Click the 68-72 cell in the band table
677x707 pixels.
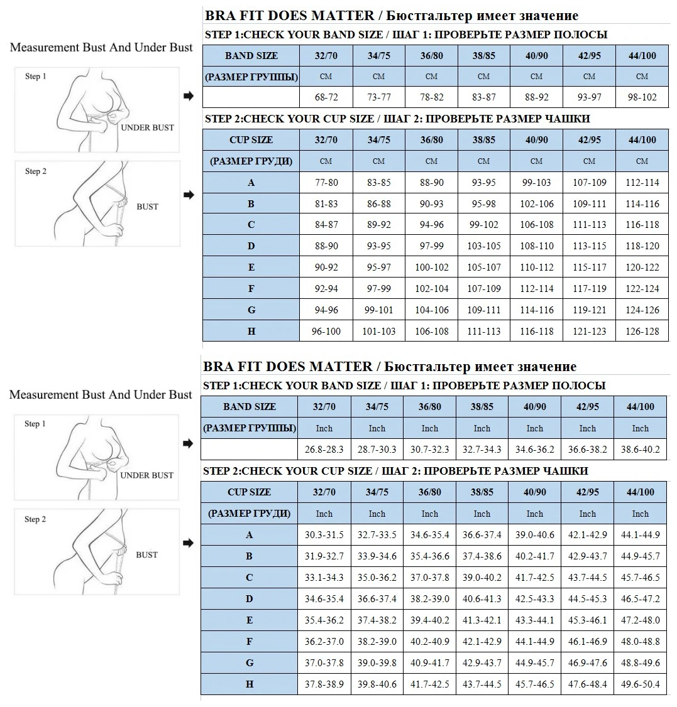click(x=326, y=97)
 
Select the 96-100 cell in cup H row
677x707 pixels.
click(x=326, y=331)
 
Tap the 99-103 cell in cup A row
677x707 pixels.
click(x=536, y=183)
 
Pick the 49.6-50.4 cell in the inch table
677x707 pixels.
click(x=640, y=684)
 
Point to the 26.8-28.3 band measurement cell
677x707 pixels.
click(x=324, y=450)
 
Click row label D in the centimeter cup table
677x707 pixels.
click(x=251, y=246)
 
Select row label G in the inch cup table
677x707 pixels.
click(x=249, y=663)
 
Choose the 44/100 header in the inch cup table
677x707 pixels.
click(x=640, y=492)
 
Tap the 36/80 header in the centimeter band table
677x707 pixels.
click(x=431, y=56)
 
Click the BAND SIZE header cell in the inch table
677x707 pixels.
click(x=249, y=407)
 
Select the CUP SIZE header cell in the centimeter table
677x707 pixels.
click(x=251, y=140)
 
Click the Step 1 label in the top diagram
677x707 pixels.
click(x=36, y=77)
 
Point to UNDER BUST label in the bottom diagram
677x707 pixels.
click(x=146, y=475)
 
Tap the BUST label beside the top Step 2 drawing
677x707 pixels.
click(x=147, y=207)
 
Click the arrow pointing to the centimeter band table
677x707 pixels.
click(x=189, y=96)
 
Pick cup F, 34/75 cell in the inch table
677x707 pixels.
click(x=377, y=642)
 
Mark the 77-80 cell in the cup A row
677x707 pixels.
click(x=326, y=183)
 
